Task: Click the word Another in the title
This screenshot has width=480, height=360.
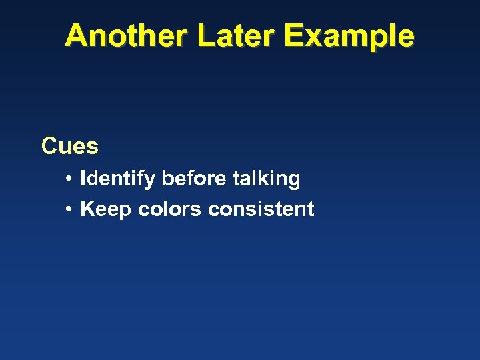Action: click(127, 36)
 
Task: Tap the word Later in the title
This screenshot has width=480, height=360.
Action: click(237, 36)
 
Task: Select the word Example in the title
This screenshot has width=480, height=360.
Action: click(349, 36)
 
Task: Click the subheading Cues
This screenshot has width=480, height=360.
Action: click(69, 146)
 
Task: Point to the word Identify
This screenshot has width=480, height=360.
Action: click(118, 179)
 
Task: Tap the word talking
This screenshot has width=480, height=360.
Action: click(267, 179)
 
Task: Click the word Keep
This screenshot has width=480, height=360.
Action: click(106, 209)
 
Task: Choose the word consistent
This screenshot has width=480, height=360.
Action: click(261, 209)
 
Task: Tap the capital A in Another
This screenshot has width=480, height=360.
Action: click(75, 36)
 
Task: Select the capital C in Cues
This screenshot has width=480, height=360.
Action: click(49, 146)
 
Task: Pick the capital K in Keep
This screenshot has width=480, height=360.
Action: click(87, 209)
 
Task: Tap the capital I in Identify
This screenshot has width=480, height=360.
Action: click(83, 179)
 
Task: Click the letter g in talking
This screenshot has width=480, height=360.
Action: click(294, 181)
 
